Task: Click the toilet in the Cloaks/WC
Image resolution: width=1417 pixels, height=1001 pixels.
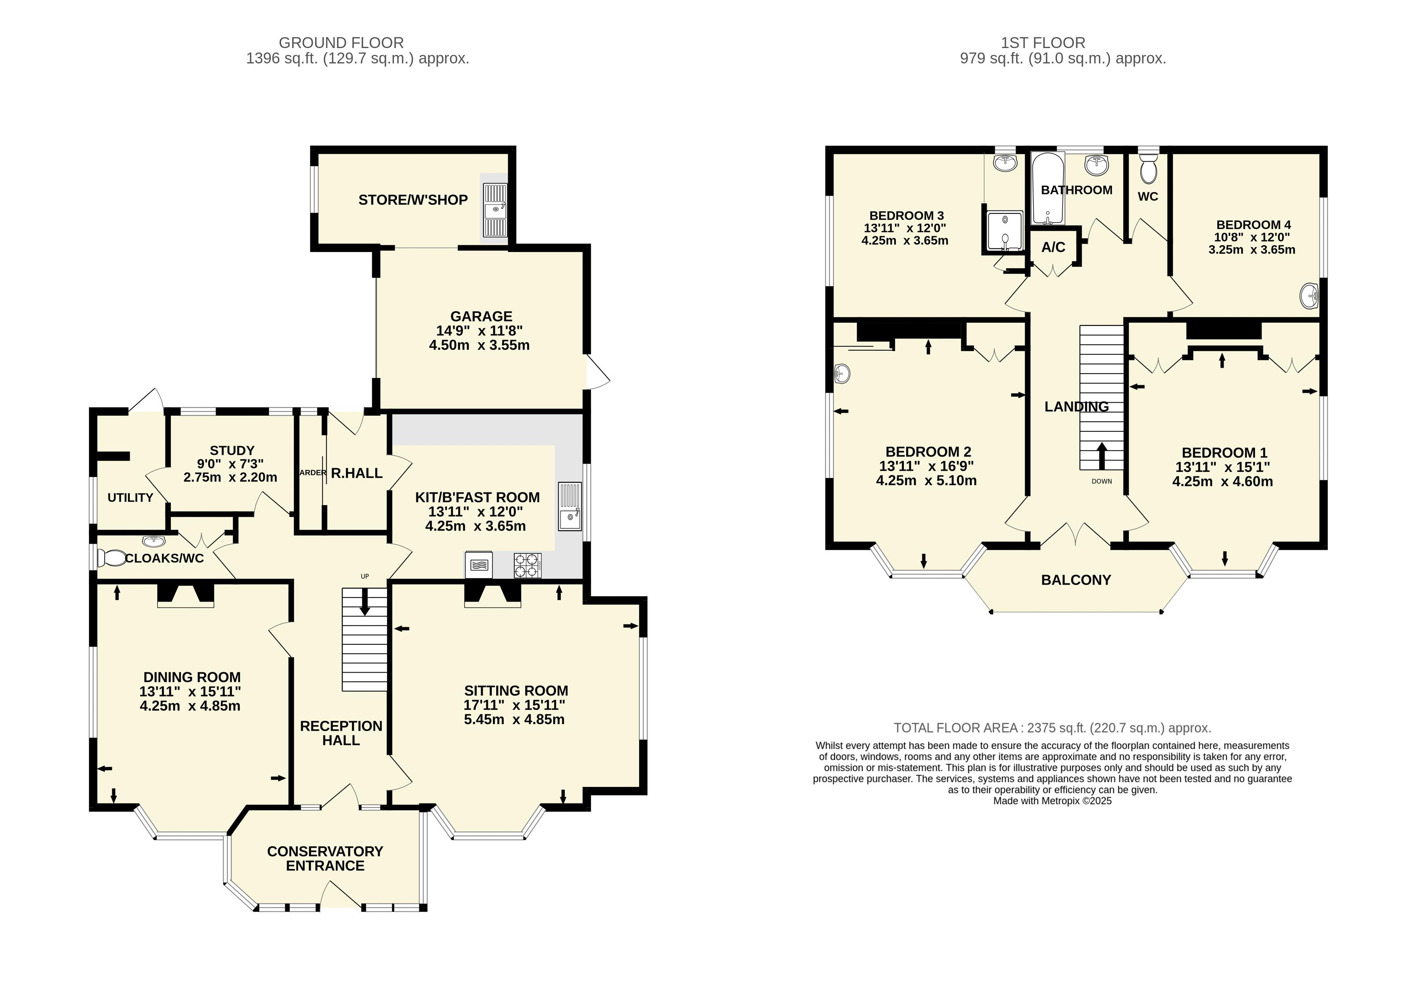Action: (111, 559)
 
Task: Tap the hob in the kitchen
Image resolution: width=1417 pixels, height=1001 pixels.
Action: (527, 565)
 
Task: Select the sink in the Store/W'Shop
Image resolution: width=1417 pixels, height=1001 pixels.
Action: (495, 210)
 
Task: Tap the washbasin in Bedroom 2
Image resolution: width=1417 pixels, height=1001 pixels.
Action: (841, 373)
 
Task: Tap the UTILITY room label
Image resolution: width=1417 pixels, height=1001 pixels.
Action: (130, 497)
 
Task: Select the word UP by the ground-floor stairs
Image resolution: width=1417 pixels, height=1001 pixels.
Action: (365, 576)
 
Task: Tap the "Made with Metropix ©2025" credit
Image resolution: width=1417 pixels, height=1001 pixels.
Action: (1052, 801)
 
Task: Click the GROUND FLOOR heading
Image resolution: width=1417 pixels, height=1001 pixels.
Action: (341, 42)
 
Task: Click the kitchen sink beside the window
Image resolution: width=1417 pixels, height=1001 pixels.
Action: (570, 507)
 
